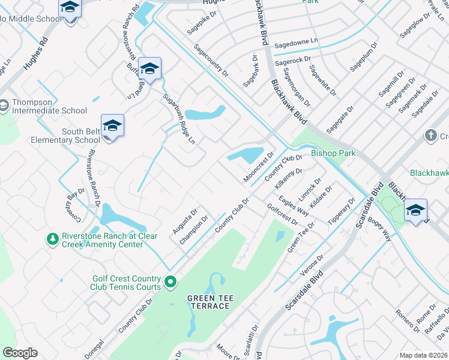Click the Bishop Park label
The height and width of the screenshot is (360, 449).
pos(333,153)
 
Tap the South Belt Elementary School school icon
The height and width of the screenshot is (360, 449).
pos(112,127)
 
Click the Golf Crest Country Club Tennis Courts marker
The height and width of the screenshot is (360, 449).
pos(170,281)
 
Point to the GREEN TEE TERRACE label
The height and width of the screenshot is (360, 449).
pos(208,302)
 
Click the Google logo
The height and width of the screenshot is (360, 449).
pos(20,353)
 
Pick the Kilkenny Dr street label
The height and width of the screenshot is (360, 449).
pos(288,179)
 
